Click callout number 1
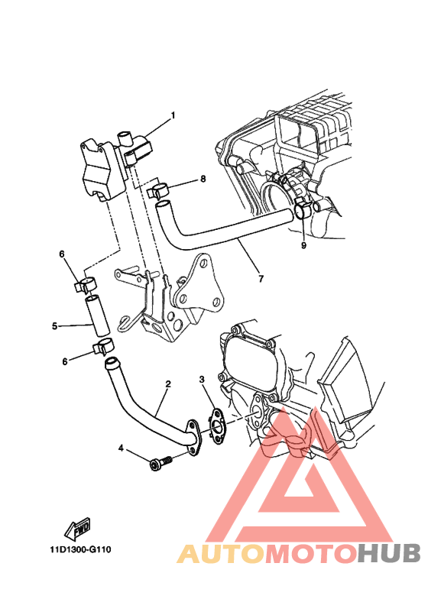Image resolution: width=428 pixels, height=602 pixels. [173, 115]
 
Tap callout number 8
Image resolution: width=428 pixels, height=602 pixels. [203, 179]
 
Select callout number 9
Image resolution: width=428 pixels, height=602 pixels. [303, 245]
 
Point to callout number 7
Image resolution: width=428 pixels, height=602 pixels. [261, 278]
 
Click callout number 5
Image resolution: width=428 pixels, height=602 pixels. [54, 326]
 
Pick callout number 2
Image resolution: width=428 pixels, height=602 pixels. [168, 384]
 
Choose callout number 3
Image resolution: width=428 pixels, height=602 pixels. [202, 380]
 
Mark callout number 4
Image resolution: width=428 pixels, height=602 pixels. [121, 448]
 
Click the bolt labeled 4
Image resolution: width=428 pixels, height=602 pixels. [160, 463]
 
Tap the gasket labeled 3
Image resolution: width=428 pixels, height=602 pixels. [218, 426]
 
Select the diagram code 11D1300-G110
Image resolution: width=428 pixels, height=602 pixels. [81, 550]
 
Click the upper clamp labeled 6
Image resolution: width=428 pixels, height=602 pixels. [86, 284]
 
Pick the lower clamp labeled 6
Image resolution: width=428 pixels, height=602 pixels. [102, 347]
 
